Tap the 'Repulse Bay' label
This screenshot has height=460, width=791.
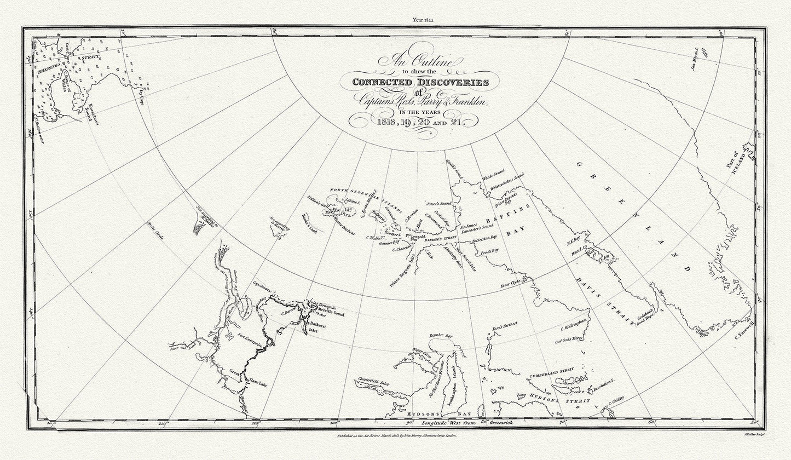pos(441,335)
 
